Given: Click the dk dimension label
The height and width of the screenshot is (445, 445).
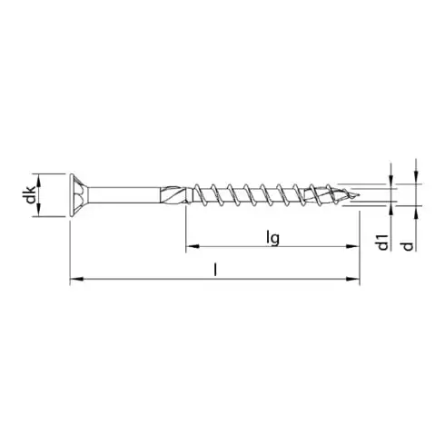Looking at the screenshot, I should [x=31, y=193].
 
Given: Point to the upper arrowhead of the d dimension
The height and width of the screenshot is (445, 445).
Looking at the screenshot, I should [x=416, y=178].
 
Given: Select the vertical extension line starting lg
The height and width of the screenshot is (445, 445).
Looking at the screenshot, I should [x=186, y=227].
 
